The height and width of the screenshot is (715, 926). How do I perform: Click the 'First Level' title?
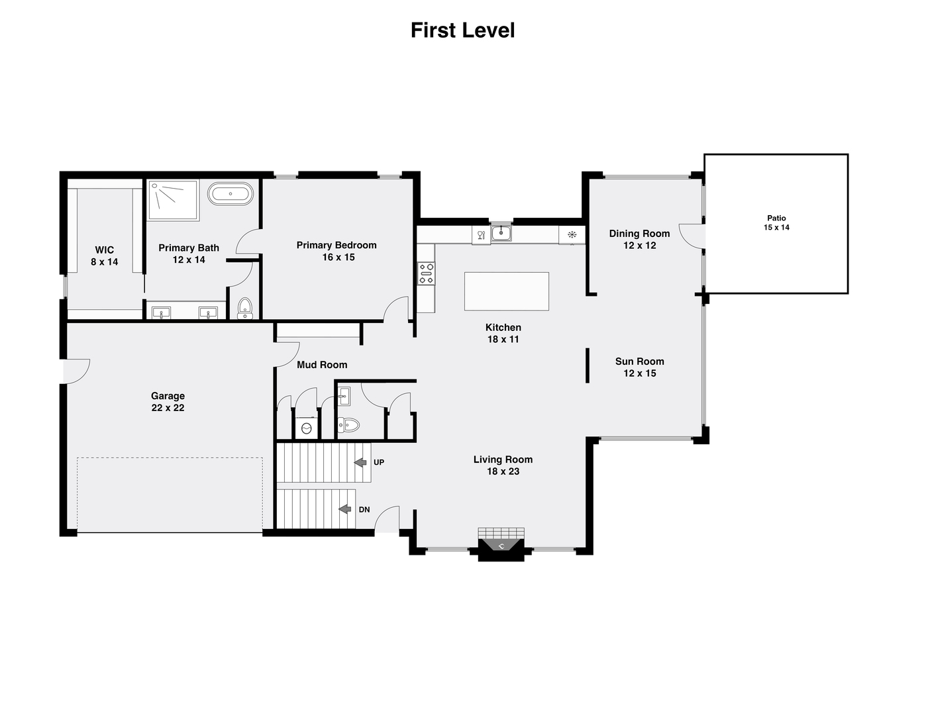462,30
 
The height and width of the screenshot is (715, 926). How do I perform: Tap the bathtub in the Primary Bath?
230,195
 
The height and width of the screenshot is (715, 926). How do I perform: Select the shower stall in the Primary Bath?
172,200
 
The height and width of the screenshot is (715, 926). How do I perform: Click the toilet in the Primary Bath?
245,309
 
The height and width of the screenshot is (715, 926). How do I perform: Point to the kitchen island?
506,291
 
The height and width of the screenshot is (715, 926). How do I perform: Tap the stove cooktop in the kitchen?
426,273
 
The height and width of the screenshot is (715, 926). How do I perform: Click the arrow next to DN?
344,509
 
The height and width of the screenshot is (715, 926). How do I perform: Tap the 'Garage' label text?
168,396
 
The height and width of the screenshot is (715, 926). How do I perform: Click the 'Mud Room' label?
322,365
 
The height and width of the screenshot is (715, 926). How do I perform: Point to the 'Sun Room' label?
639,361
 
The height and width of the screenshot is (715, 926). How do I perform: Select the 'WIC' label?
105,250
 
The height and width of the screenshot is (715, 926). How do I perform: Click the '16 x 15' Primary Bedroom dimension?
338,258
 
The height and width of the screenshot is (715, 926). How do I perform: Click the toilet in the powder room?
348,425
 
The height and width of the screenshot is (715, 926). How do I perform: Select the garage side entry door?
77,371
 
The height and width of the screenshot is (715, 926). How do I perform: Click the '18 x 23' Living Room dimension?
503,471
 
